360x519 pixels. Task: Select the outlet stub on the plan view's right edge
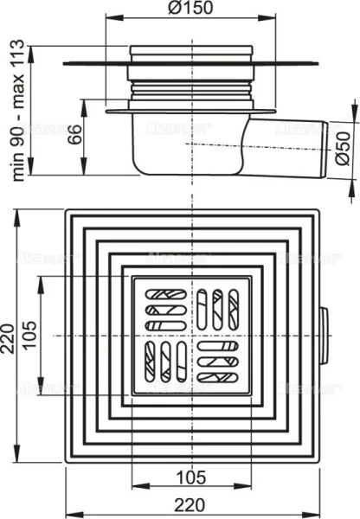324,334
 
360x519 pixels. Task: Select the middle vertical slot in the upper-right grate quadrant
217,309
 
